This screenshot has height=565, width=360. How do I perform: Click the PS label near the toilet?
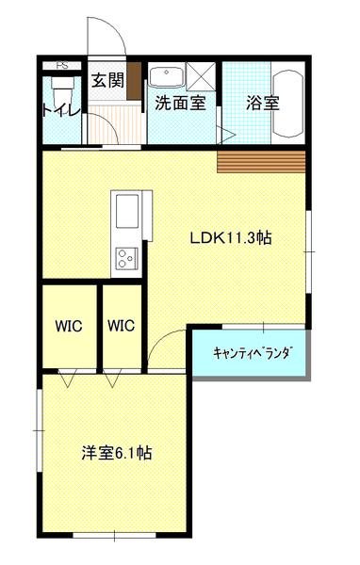[61, 66]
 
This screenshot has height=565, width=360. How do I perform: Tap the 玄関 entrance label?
[107, 80]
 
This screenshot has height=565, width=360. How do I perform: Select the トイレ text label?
[61, 109]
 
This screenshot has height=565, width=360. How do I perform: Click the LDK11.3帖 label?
[231, 238]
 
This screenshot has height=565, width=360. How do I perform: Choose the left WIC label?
[69, 326]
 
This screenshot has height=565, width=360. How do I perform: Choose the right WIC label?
[122, 326]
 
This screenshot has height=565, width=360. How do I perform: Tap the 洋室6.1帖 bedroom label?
[117, 453]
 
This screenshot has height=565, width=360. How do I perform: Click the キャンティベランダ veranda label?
[253, 353]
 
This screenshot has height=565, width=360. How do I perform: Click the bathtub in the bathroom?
[287, 104]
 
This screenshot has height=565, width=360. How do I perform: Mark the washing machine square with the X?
[201, 76]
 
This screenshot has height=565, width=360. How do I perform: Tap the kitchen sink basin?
[127, 211]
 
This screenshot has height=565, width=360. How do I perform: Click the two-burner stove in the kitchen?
[126, 258]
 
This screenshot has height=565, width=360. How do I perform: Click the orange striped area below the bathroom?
[261, 162]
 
